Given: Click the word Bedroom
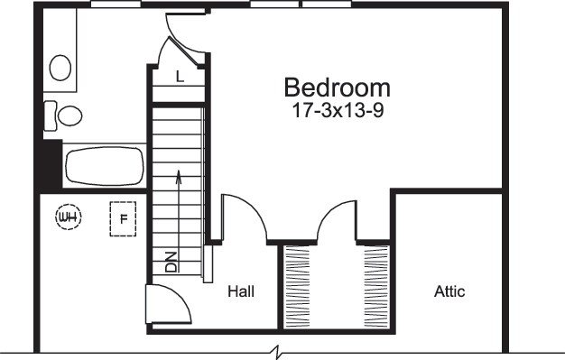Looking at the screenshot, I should point(338,88).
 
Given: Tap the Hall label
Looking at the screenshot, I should point(240,291).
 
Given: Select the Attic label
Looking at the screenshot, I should point(449,291).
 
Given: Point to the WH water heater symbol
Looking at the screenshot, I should point(67,217).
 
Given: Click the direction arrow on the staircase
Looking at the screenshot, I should point(179,189).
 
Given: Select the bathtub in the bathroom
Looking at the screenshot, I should point(105,167).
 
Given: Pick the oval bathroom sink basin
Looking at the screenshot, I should point(60,67).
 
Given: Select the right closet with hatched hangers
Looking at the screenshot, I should point(375,286).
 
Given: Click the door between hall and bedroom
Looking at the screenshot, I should point(246,219).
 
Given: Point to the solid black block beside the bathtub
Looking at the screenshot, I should point(49,166).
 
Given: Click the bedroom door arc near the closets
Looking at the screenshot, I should point(338,219).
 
